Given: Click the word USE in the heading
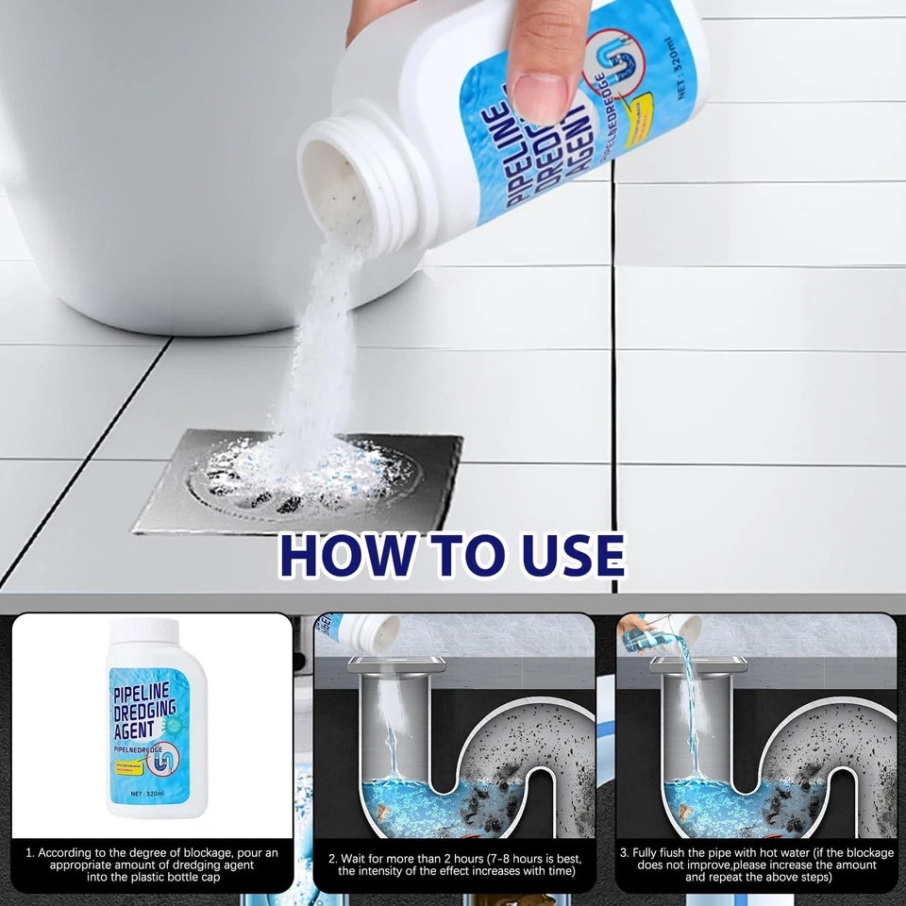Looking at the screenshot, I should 570,557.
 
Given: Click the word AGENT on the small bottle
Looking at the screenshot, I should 138,730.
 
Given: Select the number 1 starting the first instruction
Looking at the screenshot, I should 29,853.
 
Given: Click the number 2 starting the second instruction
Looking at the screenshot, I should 332,859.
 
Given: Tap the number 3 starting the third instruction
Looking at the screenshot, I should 624,853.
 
